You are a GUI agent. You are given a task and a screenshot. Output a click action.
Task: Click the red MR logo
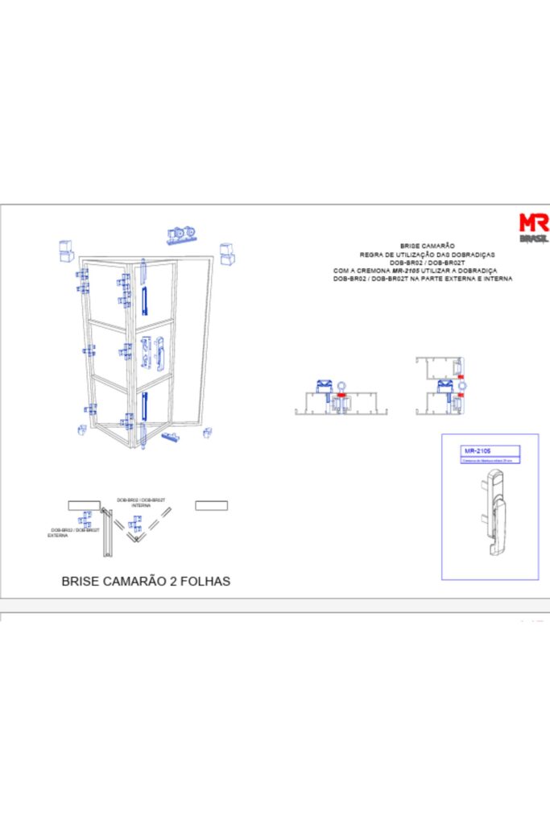coord(534,222)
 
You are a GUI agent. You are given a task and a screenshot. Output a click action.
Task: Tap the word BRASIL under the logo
coord(534,238)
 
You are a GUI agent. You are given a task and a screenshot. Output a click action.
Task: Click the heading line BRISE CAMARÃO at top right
coord(428,245)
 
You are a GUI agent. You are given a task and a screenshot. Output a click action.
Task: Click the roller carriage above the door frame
coord(183,234)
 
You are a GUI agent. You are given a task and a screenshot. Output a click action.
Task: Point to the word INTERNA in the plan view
coord(142,505)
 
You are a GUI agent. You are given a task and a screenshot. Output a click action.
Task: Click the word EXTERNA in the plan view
coord(58,535)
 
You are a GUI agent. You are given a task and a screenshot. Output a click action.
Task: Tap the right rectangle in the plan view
coord(211,505)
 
